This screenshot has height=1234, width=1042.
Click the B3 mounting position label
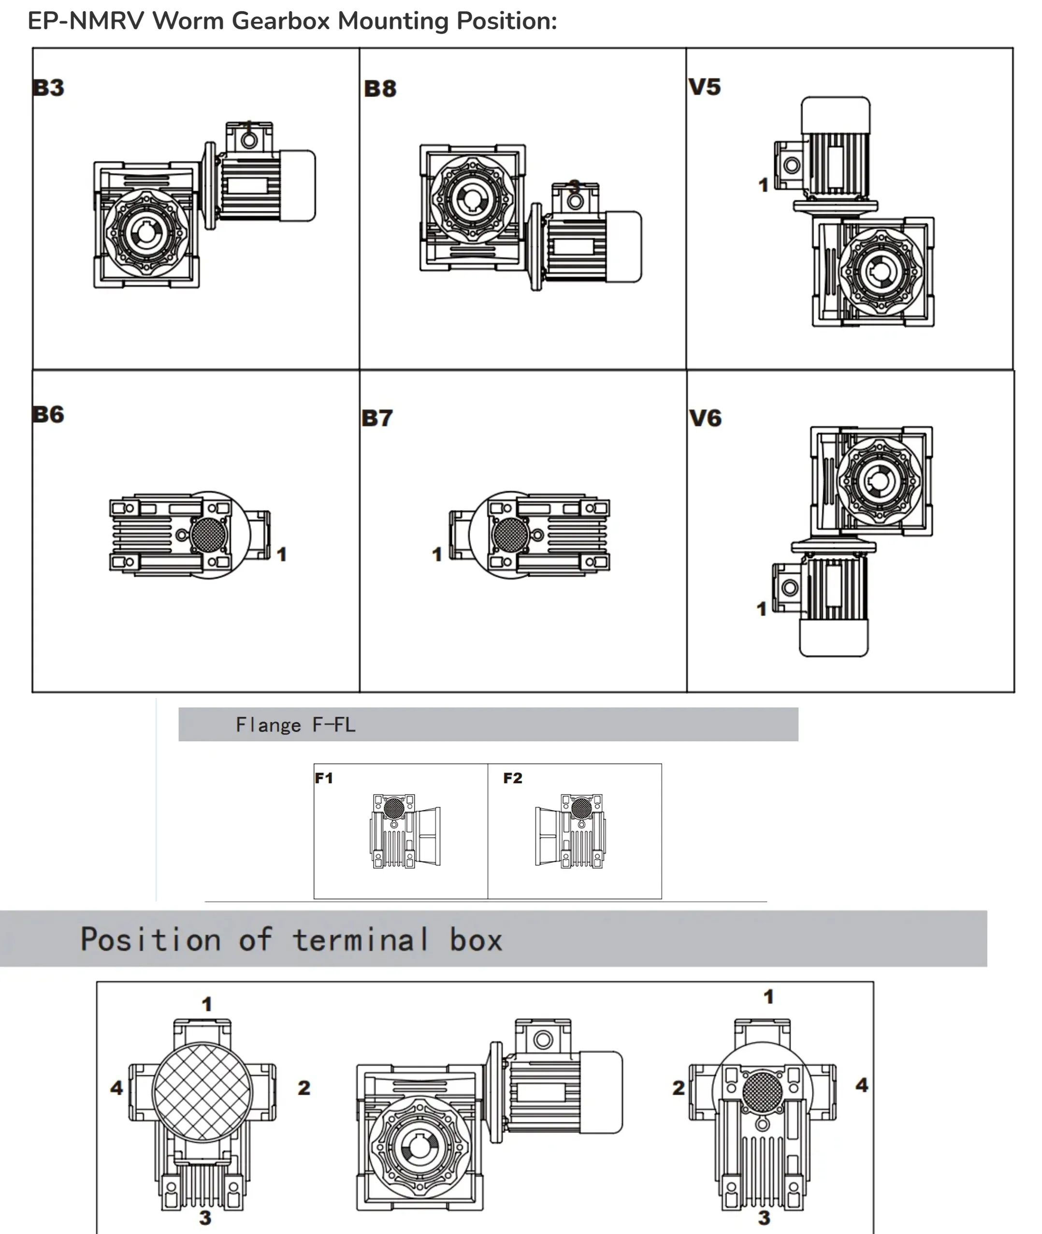click(48, 87)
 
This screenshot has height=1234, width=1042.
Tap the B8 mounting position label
click(380, 88)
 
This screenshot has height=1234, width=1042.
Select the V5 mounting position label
click(705, 87)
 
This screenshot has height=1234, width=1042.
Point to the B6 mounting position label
click(48, 414)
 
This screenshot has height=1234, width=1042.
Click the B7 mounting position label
click(377, 418)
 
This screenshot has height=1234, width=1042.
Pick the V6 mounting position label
click(705, 418)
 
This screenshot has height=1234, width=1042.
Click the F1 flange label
click(324, 778)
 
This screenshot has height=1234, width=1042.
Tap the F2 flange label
click(513, 778)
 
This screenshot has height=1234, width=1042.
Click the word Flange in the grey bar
click(268, 725)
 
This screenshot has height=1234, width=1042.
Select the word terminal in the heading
click(361, 939)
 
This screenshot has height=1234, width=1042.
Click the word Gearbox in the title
click(281, 21)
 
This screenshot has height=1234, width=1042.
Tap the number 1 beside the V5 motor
click(763, 186)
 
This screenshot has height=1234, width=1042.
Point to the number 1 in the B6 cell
click(282, 554)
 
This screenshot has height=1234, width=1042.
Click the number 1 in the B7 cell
click(437, 554)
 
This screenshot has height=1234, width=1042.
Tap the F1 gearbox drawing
click(405, 830)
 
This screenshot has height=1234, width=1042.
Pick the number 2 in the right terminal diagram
click(679, 1088)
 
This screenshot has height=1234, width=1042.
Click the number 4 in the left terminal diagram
click(117, 1088)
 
